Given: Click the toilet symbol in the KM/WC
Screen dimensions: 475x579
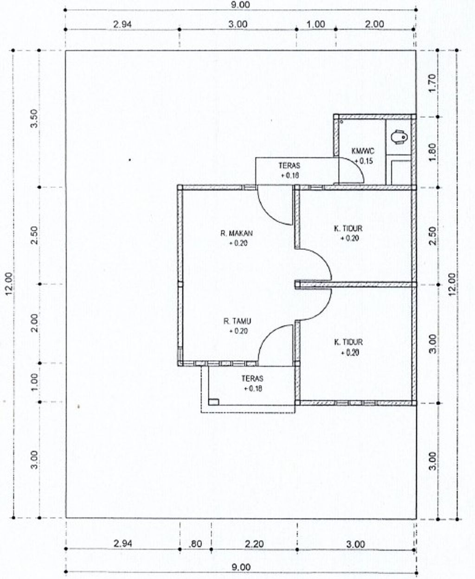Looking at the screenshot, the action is click(398, 136).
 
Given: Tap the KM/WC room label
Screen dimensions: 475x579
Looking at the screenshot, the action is click(363, 151).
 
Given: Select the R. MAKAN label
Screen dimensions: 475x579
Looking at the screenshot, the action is click(236, 233).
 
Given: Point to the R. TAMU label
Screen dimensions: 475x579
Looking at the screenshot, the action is click(237, 321).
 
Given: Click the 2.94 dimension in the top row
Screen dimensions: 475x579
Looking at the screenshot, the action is click(122, 24).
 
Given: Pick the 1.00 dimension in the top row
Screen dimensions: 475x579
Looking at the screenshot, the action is click(315, 24).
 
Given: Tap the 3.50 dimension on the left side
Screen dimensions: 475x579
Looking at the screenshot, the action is click(34, 118).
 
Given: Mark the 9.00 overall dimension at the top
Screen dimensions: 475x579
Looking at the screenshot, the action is click(240, 5).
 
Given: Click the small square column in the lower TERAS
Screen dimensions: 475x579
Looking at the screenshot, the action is click(213, 402).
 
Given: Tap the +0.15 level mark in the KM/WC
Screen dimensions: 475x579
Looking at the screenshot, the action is click(364, 160).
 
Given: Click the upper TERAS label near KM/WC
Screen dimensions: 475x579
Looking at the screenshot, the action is click(289, 165).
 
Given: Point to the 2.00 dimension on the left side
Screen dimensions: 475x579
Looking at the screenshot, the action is click(34, 323).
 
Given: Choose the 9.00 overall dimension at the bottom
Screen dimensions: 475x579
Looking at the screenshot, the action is click(241, 566).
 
